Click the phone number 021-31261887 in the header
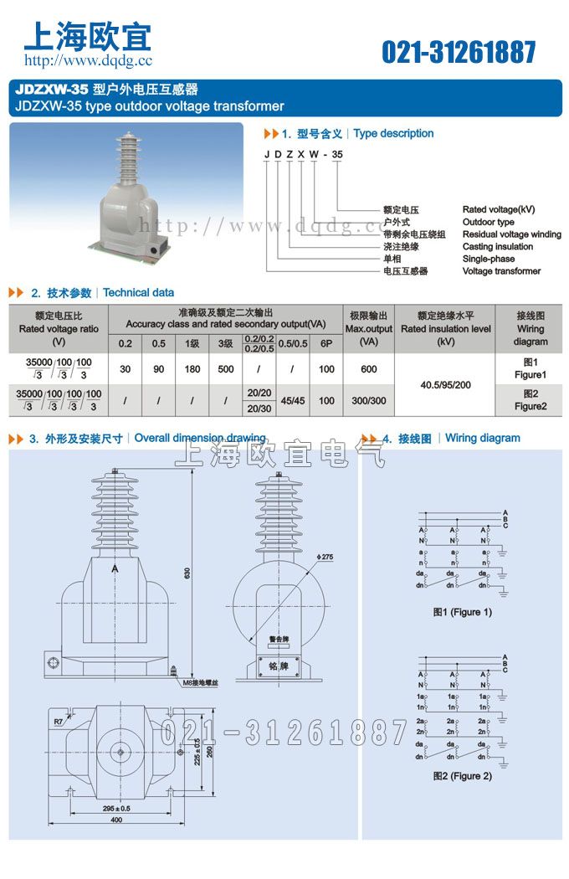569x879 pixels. tap(459, 52)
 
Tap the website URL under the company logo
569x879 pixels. tap(88, 60)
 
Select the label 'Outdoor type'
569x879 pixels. tap(488, 223)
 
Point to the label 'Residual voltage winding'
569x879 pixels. tap(511, 234)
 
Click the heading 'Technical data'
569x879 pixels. tap(139, 293)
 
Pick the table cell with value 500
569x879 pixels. tap(226, 369)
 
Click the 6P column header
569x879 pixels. tap(326, 344)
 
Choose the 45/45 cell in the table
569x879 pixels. tap(291, 401)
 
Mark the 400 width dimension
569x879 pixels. tap(116, 820)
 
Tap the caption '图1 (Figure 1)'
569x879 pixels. tap(462, 612)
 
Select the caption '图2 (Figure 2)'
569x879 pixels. tap(462, 776)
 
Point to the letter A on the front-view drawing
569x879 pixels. tap(114, 568)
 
